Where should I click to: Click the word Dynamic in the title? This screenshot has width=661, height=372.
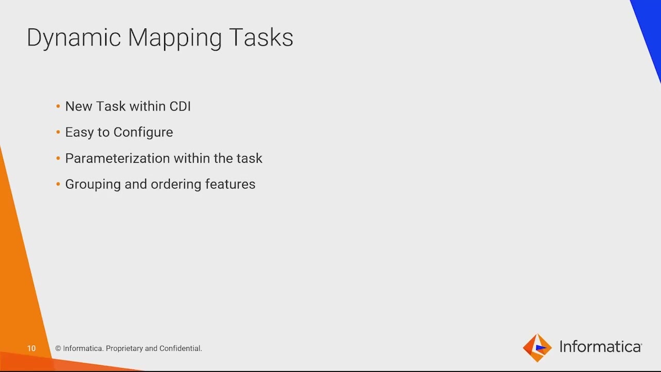point(73,38)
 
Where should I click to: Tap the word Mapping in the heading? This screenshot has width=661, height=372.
point(175,38)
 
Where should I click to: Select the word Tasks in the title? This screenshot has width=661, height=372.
point(261,38)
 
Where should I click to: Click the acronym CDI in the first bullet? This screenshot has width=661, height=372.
point(180,106)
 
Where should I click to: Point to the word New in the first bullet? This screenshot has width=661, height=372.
point(78,106)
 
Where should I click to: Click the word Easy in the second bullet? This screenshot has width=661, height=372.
point(79,132)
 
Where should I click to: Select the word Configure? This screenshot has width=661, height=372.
point(144,132)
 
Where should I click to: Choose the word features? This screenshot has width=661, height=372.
point(230,184)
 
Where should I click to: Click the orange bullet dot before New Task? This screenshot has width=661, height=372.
point(58,106)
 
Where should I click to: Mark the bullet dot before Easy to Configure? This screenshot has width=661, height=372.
point(58,132)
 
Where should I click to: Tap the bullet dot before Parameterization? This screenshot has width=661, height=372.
point(58,158)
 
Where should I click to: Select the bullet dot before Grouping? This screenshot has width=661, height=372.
point(58,184)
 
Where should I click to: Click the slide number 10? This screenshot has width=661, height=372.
point(32,349)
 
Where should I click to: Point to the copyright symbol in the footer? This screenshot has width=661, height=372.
point(58,349)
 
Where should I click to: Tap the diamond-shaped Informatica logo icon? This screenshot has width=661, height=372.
point(537,348)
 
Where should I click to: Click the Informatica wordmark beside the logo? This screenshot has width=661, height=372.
point(601,347)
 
